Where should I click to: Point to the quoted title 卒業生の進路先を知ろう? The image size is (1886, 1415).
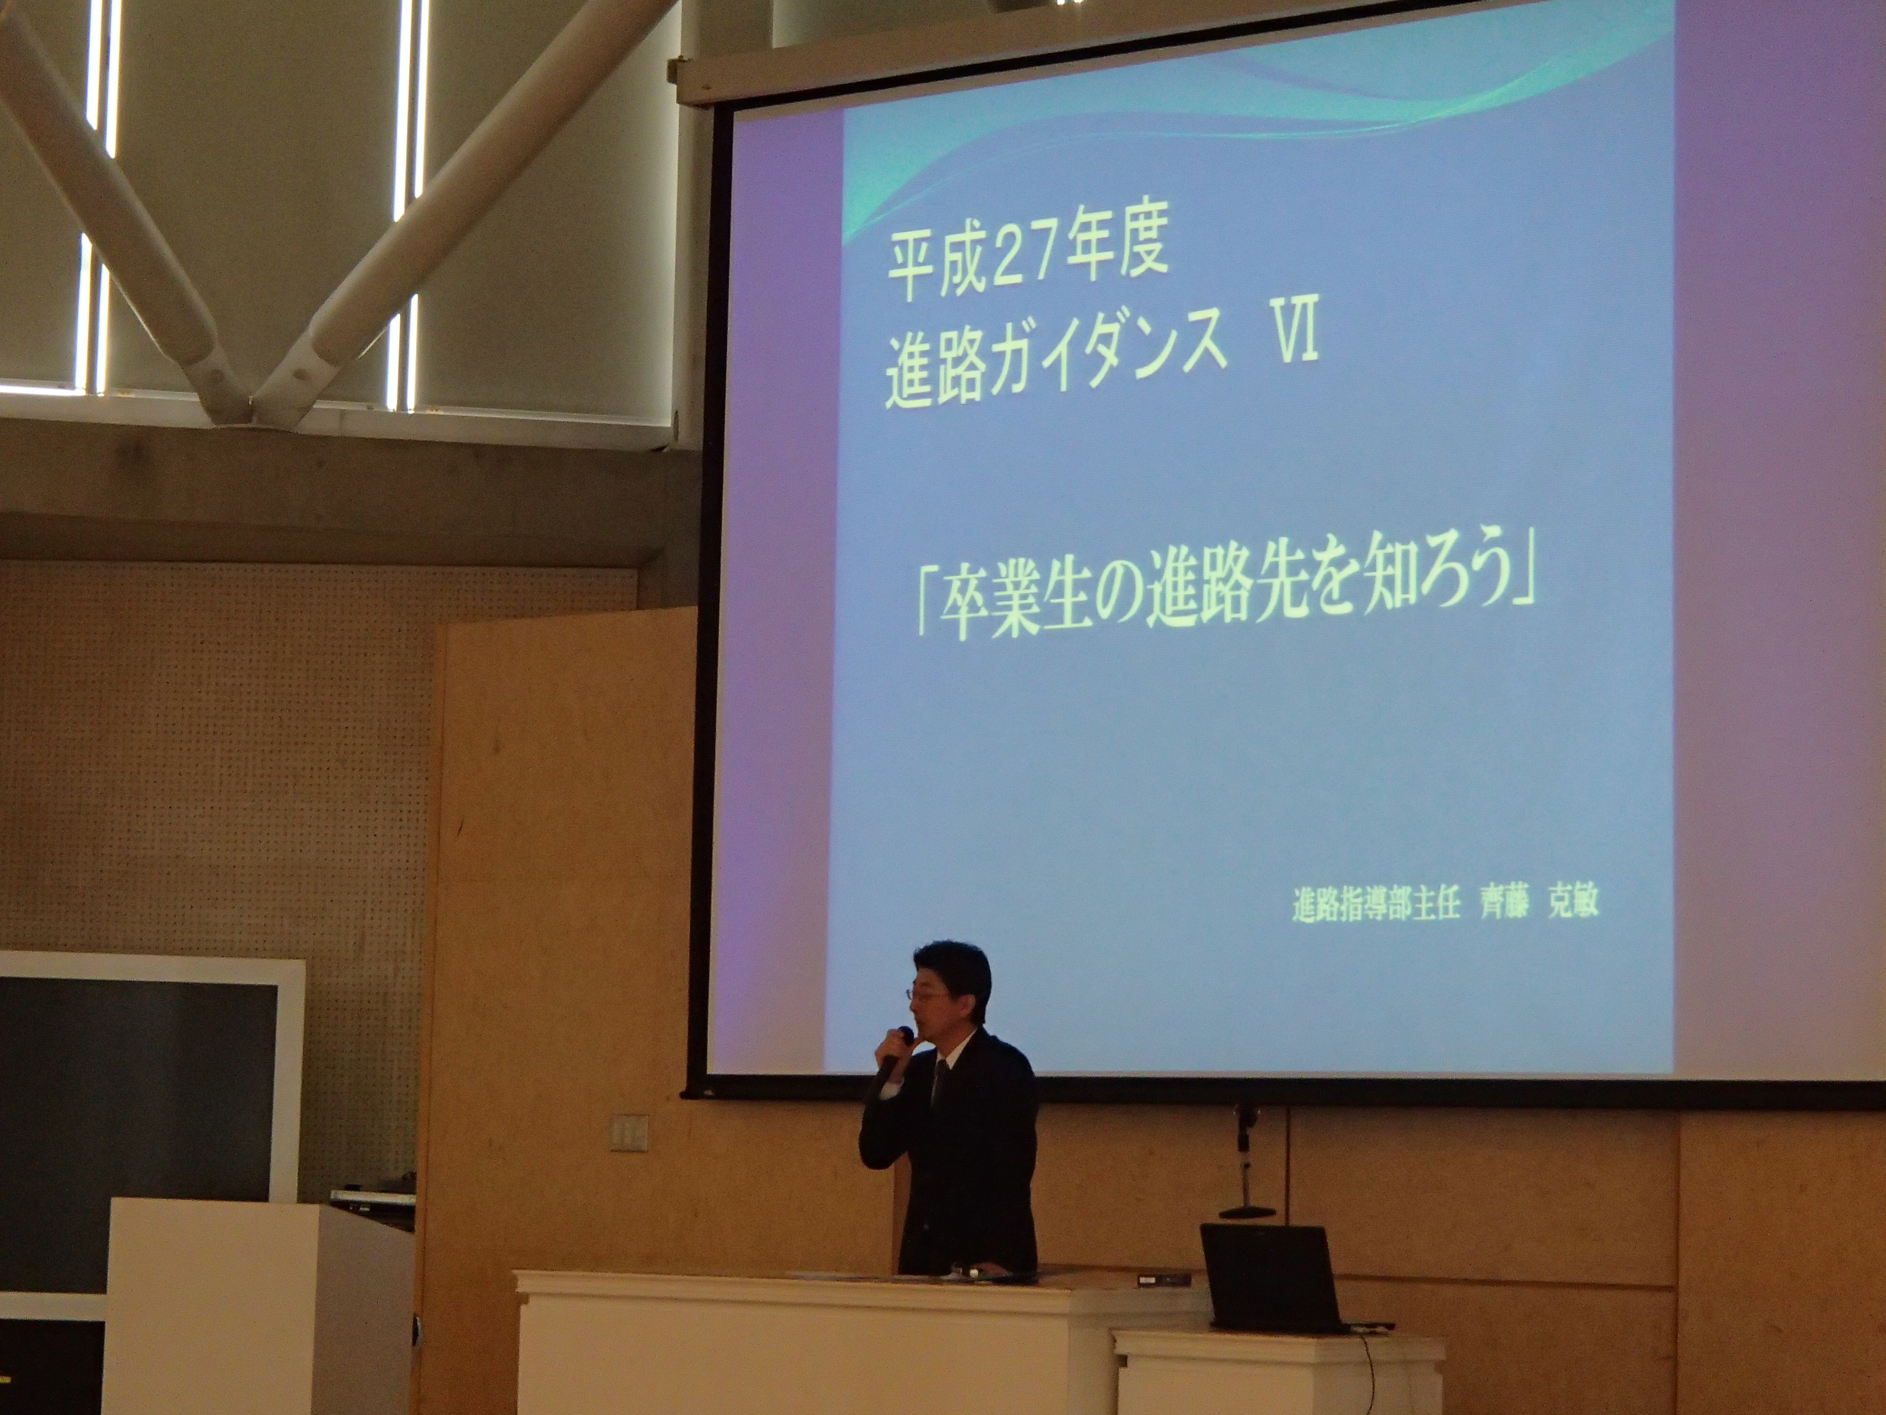(x=1225, y=606)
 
